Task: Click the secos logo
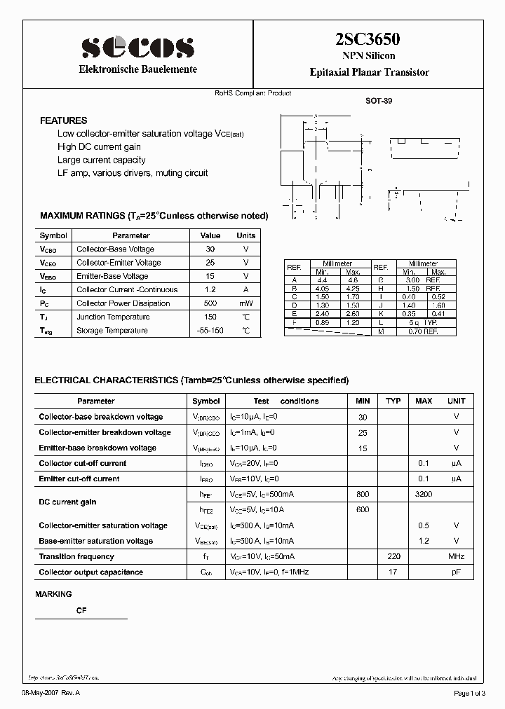137,46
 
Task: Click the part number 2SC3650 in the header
368,41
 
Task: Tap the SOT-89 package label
379,101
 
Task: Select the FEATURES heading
63,121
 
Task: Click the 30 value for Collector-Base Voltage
210,249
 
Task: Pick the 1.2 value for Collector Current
210,289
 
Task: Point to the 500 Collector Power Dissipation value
210,303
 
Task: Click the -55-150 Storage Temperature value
210,330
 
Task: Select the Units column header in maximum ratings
245,236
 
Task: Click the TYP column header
393,401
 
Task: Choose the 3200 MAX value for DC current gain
424,494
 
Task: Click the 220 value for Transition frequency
393,556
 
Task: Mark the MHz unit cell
456,556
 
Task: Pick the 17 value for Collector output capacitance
393,572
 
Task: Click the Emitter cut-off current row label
79,479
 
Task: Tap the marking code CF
81,610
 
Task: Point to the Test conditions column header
286,401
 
